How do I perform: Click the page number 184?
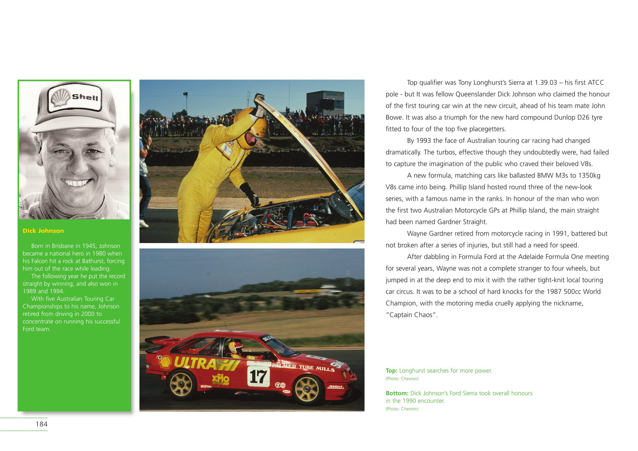click(42, 424)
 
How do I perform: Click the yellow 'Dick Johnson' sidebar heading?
click(43, 231)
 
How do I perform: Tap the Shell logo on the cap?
click(61, 98)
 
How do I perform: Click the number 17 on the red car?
click(258, 376)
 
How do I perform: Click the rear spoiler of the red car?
click(158, 340)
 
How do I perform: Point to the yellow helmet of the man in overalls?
click(252, 127)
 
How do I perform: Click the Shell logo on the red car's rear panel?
click(165, 362)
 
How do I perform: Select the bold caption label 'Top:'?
click(391, 371)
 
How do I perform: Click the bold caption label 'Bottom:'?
click(397, 394)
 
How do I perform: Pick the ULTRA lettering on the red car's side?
click(195, 363)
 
